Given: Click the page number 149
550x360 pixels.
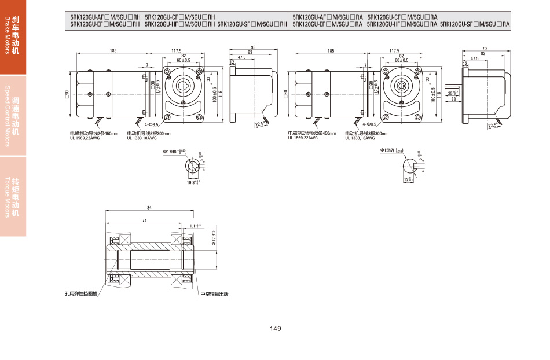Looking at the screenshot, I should pos(275,329).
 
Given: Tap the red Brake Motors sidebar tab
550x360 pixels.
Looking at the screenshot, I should pos(13,38).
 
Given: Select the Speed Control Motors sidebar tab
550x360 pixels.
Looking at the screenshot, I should pos(13,116).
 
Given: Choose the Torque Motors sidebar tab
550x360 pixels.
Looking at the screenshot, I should pos(13,197).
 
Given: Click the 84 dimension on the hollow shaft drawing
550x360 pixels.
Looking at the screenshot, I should pos(149,207).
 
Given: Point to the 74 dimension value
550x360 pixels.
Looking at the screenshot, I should pos(144,221).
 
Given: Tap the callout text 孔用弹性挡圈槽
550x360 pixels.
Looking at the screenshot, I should pos(80,294).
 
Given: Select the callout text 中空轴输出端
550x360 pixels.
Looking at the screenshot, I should pos(214,294).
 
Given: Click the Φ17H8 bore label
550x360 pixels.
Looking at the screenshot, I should pos(174,152).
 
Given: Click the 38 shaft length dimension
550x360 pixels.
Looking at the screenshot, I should pos(453,99).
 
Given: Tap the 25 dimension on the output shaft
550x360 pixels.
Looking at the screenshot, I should pos(452,93).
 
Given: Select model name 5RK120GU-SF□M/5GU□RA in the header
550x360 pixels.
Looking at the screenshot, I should pos(475,24).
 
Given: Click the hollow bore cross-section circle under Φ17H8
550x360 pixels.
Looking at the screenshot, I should pos(192,166).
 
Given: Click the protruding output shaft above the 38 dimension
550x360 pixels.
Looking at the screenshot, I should pos(453,87).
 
